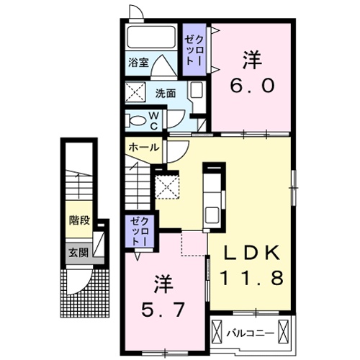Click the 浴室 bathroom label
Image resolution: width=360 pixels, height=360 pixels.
(139, 63)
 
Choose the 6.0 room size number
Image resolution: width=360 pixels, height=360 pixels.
(252, 86)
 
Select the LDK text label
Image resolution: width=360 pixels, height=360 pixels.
(250, 251)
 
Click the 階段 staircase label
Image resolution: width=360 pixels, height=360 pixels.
(79, 220)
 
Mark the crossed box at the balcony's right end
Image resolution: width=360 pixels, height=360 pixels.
(284, 332)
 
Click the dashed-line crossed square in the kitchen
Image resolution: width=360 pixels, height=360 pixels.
(168, 187)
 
